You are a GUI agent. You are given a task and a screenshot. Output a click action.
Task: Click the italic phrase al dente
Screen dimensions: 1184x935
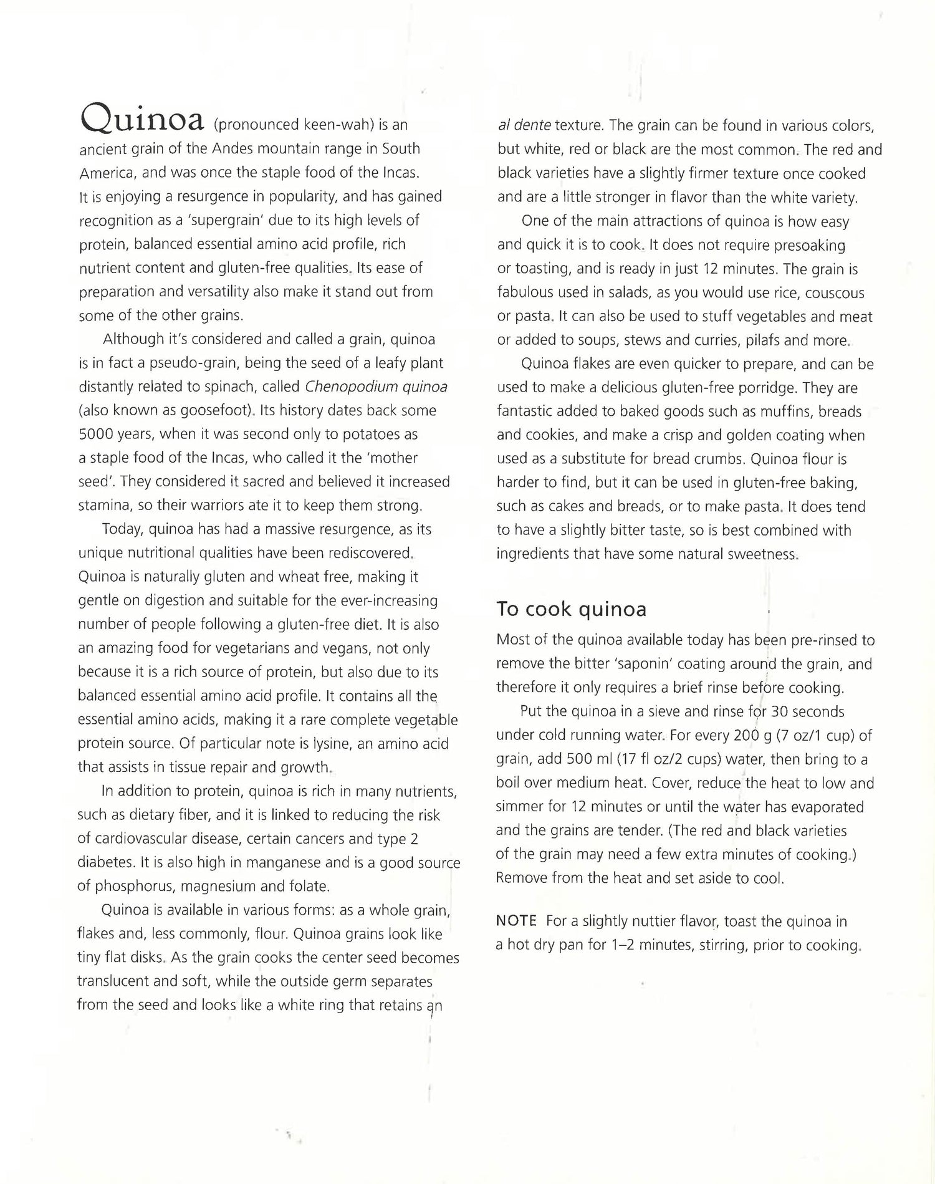pos(524,125)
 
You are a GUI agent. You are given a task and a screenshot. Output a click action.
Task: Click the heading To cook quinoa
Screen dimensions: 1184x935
pos(571,609)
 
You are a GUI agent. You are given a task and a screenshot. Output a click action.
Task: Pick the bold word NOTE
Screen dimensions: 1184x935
pos(516,921)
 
